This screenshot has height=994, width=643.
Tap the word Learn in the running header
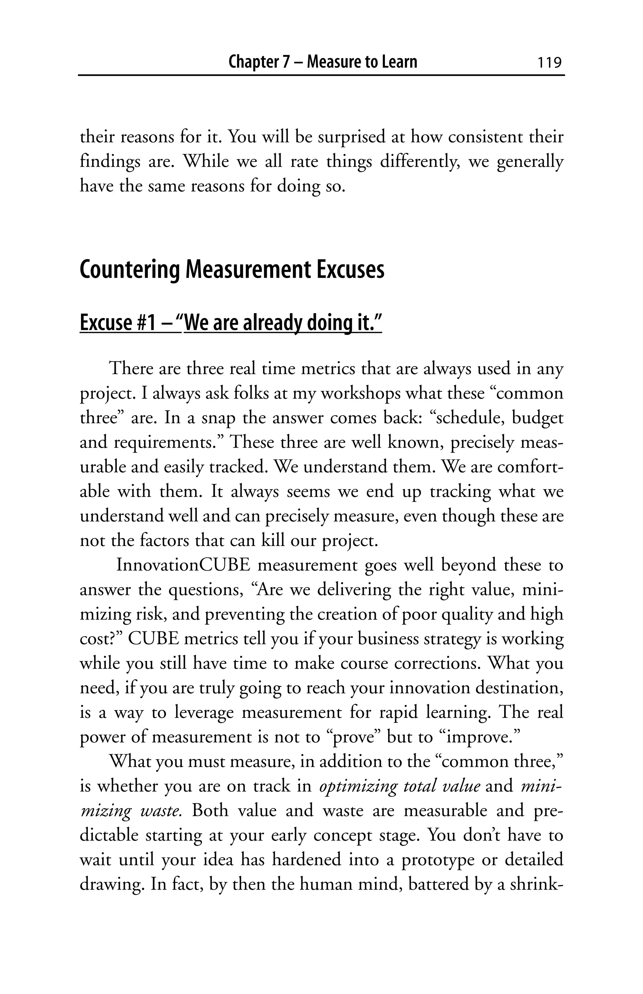(398, 62)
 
